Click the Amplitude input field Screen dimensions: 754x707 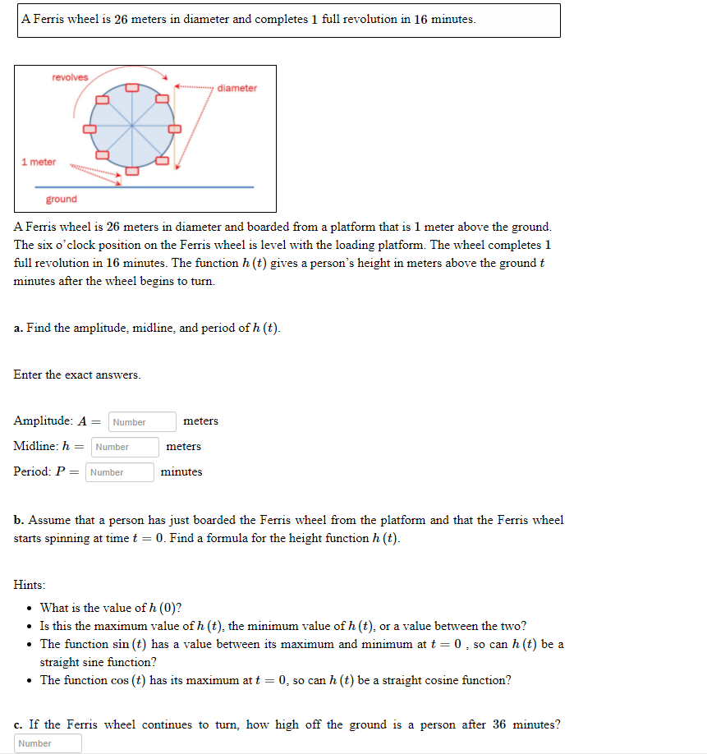tap(141, 422)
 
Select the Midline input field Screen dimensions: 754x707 tap(125, 447)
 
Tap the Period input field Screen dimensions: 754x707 tap(120, 472)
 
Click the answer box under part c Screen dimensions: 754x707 tap(48, 743)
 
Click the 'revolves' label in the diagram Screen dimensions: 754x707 tap(70, 77)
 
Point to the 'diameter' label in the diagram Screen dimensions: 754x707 tap(237, 88)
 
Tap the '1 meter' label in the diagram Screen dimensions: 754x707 tap(39, 162)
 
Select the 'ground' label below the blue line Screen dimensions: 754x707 tap(62, 199)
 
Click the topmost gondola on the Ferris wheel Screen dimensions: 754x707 tap(132, 86)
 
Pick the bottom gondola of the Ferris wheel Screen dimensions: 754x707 tap(132, 171)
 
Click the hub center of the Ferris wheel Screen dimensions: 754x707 tap(132, 128)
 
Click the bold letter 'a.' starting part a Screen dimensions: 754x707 tap(19, 329)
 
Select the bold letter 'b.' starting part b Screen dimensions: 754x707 tap(19, 520)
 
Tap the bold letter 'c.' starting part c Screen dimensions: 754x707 tap(19, 724)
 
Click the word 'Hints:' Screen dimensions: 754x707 tap(30, 585)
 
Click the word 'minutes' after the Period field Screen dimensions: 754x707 tap(181, 471)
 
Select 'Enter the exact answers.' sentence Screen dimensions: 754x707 tap(77, 375)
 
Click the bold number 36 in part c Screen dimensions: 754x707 tap(499, 724)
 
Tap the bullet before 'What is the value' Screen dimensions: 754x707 tap(30, 609)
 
